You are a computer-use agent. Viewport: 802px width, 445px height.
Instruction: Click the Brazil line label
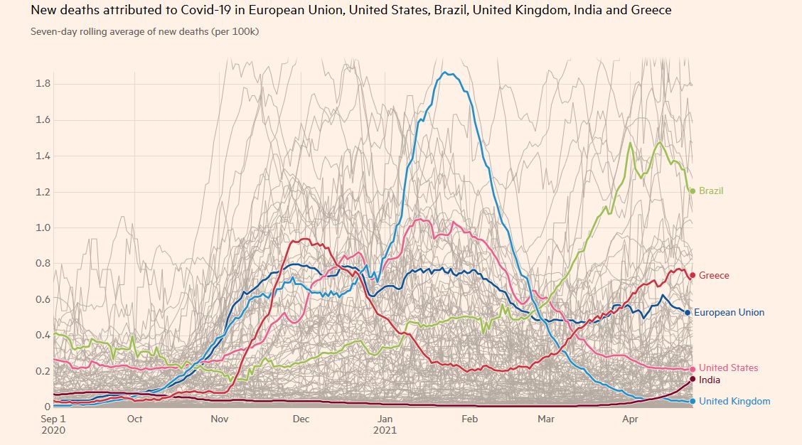tap(711, 191)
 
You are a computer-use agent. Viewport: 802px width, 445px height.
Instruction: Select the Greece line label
tap(714, 276)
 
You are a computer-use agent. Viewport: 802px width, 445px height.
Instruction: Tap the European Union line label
tap(729, 313)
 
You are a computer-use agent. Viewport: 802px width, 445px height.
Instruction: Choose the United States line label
tap(728, 368)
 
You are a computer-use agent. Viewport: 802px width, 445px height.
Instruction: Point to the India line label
tap(710, 380)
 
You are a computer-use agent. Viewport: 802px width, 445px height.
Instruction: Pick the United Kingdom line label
tap(734, 402)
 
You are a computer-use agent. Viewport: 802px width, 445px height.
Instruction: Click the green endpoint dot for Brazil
tap(693, 191)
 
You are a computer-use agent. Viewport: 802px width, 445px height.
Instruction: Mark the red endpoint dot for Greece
tap(693, 276)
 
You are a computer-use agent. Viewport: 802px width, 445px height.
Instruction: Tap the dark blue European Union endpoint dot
tap(688, 313)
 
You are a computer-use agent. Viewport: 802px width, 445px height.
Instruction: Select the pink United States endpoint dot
tap(693, 369)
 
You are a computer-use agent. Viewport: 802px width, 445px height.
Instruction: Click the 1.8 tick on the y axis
tap(43, 83)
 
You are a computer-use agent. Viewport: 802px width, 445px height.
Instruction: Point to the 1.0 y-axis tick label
tap(43, 227)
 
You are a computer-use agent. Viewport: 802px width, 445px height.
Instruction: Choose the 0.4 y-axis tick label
tap(43, 336)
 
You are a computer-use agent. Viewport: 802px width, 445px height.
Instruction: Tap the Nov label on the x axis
tap(218, 419)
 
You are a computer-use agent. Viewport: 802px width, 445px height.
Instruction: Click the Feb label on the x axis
tap(469, 419)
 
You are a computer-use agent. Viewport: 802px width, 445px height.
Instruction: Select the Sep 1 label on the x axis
tap(53, 419)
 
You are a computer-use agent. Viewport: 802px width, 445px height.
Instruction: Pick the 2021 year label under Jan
tap(385, 431)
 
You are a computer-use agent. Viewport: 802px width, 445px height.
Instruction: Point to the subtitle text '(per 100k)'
tap(235, 32)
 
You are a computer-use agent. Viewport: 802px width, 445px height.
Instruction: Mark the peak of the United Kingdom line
tap(446, 72)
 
